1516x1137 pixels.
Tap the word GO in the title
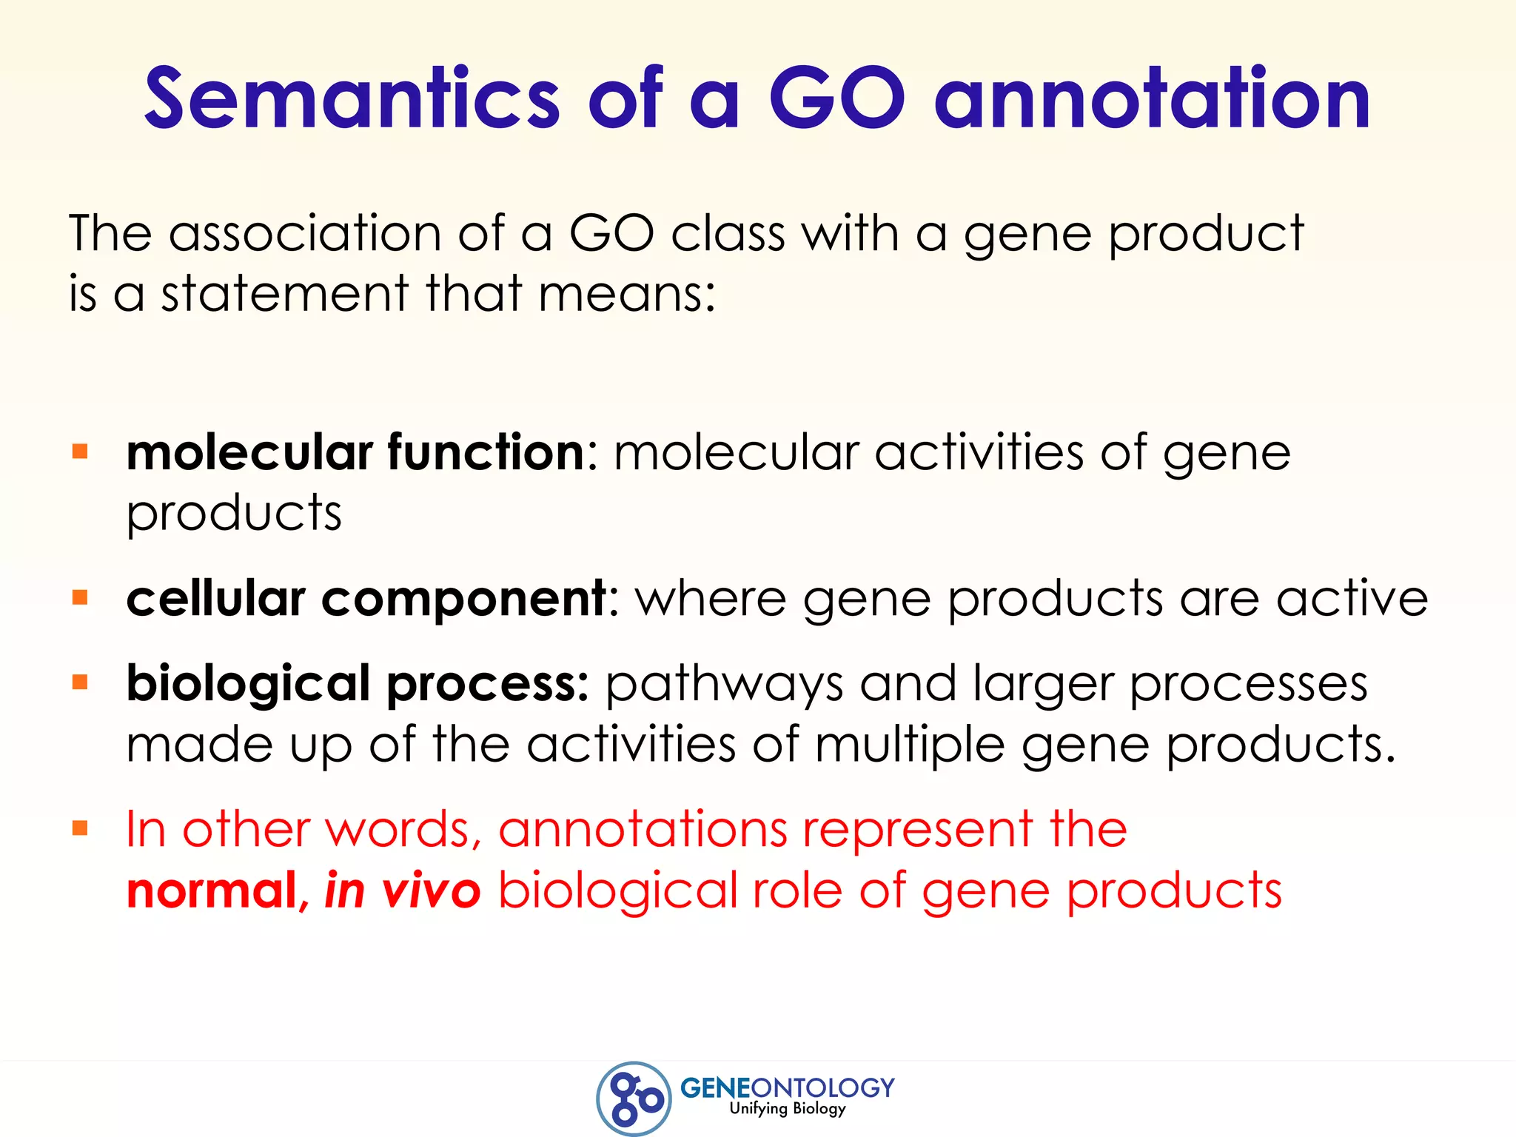coord(836,98)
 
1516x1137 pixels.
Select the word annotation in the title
coord(1153,98)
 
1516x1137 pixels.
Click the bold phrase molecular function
coord(356,452)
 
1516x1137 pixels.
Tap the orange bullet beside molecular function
coord(80,452)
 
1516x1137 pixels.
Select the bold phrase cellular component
coord(367,598)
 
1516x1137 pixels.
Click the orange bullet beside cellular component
coord(80,597)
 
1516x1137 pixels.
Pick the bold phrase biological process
coord(358,683)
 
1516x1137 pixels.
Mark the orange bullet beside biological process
coord(80,682)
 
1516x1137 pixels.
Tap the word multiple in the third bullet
coord(910,745)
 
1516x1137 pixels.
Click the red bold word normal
coord(212,891)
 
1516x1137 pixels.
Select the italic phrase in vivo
coord(403,891)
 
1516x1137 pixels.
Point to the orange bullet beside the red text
coord(80,828)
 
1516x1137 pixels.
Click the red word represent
coord(918,830)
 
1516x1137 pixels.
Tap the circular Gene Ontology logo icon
coord(634,1099)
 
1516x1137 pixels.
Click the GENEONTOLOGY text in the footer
coord(787,1087)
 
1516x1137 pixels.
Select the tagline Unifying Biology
coord(787,1108)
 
